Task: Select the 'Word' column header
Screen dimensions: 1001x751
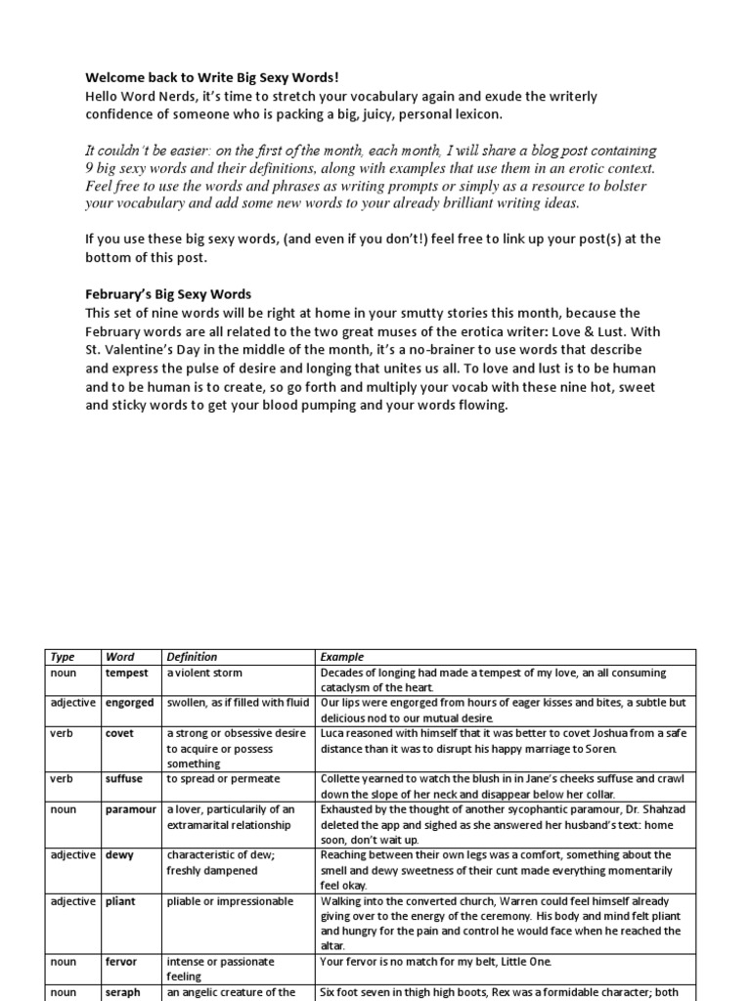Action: click(119, 657)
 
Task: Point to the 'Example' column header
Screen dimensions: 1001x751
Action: click(341, 657)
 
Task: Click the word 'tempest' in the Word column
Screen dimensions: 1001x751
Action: click(127, 674)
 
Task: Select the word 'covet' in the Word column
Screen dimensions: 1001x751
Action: click(119, 733)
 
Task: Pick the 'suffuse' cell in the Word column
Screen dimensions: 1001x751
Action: click(124, 779)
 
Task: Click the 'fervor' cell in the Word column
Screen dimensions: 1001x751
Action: click(121, 962)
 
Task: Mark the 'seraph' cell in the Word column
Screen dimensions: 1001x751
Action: click(123, 991)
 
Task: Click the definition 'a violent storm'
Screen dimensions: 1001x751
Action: click(204, 674)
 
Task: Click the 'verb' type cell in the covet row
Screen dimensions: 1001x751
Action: click(61, 733)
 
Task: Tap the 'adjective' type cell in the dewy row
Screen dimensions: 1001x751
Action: click(73, 854)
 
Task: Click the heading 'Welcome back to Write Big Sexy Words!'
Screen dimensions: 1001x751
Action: click(212, 78)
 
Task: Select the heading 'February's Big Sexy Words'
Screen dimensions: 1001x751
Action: click(168, 294)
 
